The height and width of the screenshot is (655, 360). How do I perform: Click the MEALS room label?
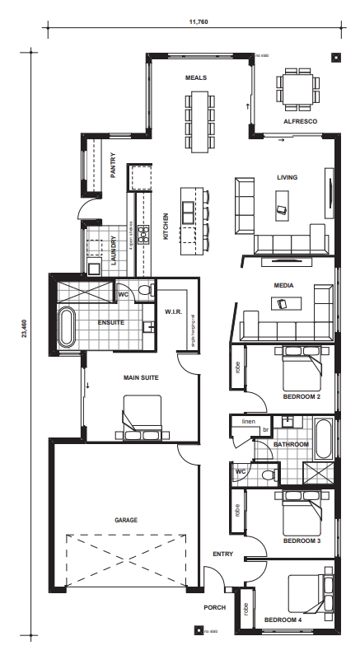[x=195, y=77]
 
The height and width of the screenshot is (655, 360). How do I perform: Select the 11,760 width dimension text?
[x=198, y=21]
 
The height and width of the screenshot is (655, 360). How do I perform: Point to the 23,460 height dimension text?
[x=23, y=328]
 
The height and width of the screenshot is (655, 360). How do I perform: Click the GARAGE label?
[x=126, y=521]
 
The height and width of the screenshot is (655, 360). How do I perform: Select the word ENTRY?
[x=222, y=554]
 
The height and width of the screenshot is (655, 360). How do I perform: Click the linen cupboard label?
[x=248, y=422]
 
